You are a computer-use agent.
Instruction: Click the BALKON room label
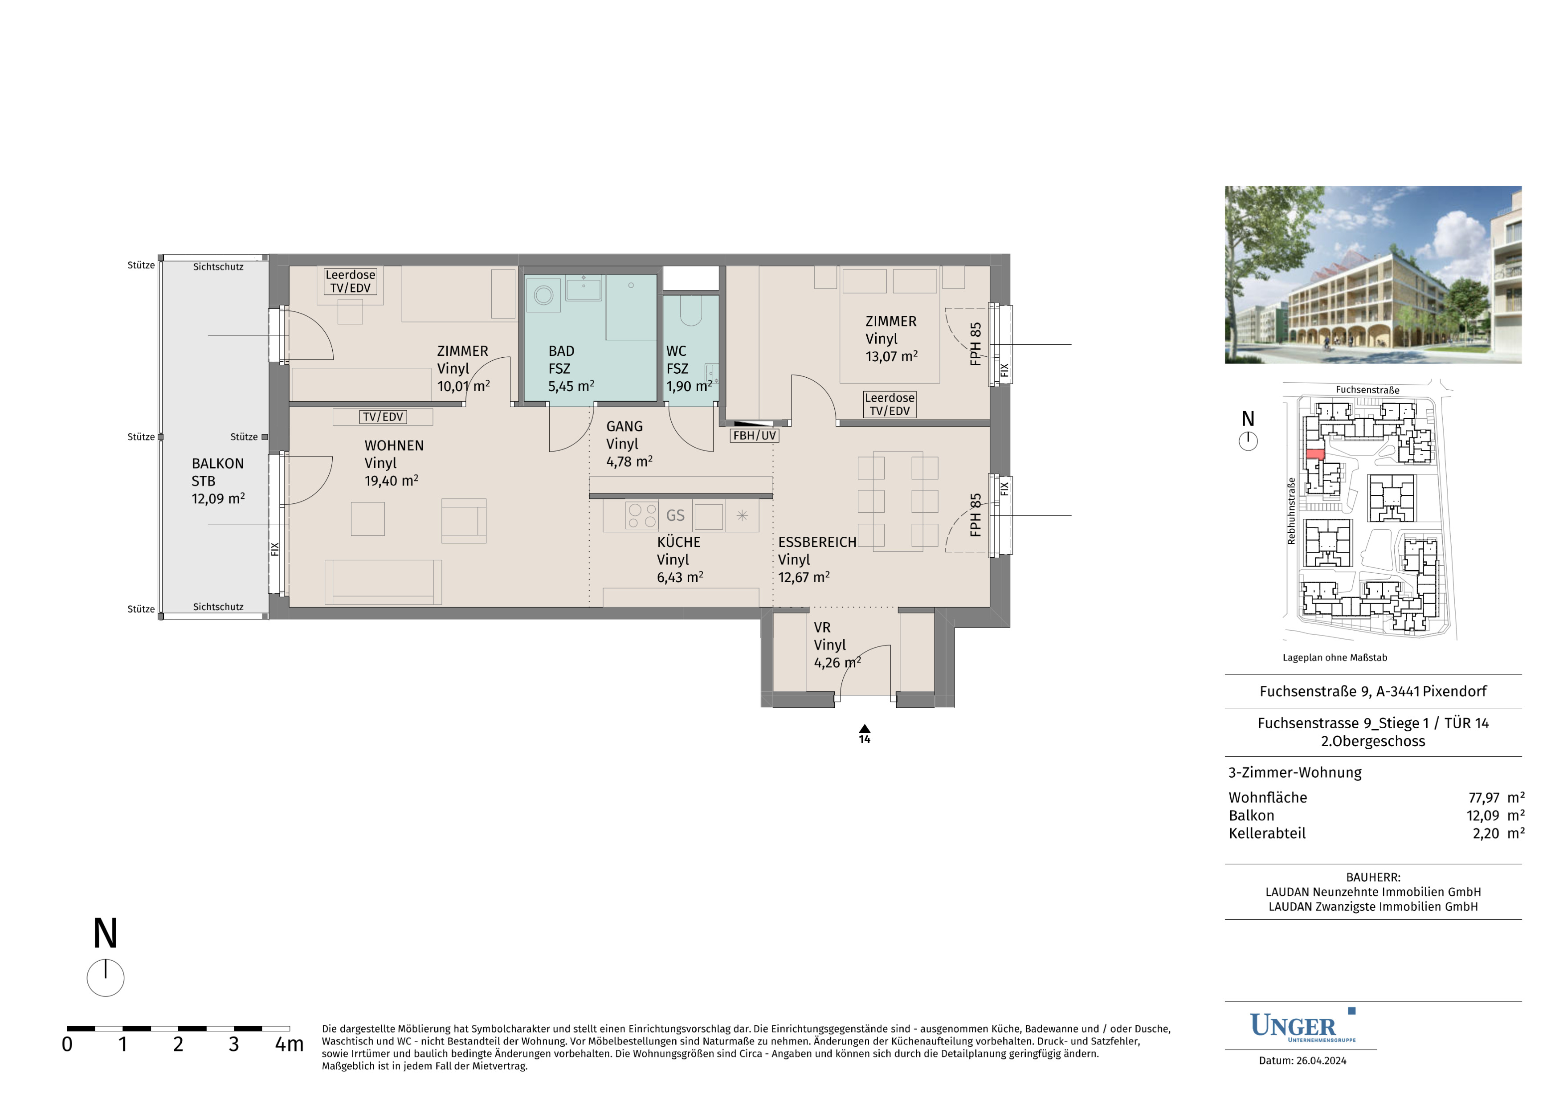tap(217, 464)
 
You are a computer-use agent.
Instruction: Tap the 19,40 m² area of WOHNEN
tap(391, 481)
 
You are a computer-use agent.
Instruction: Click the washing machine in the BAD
tap(543, 295)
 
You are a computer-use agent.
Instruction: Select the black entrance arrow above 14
tap(865, 729)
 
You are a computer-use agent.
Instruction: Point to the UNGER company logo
tap(1302, 1026)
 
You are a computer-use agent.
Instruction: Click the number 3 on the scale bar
tap(233, 1044)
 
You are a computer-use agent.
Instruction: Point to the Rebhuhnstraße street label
tap(1291, 510)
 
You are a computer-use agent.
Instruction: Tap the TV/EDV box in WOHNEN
tap(383, 417)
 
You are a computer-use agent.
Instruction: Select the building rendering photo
tap(1373, 275)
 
